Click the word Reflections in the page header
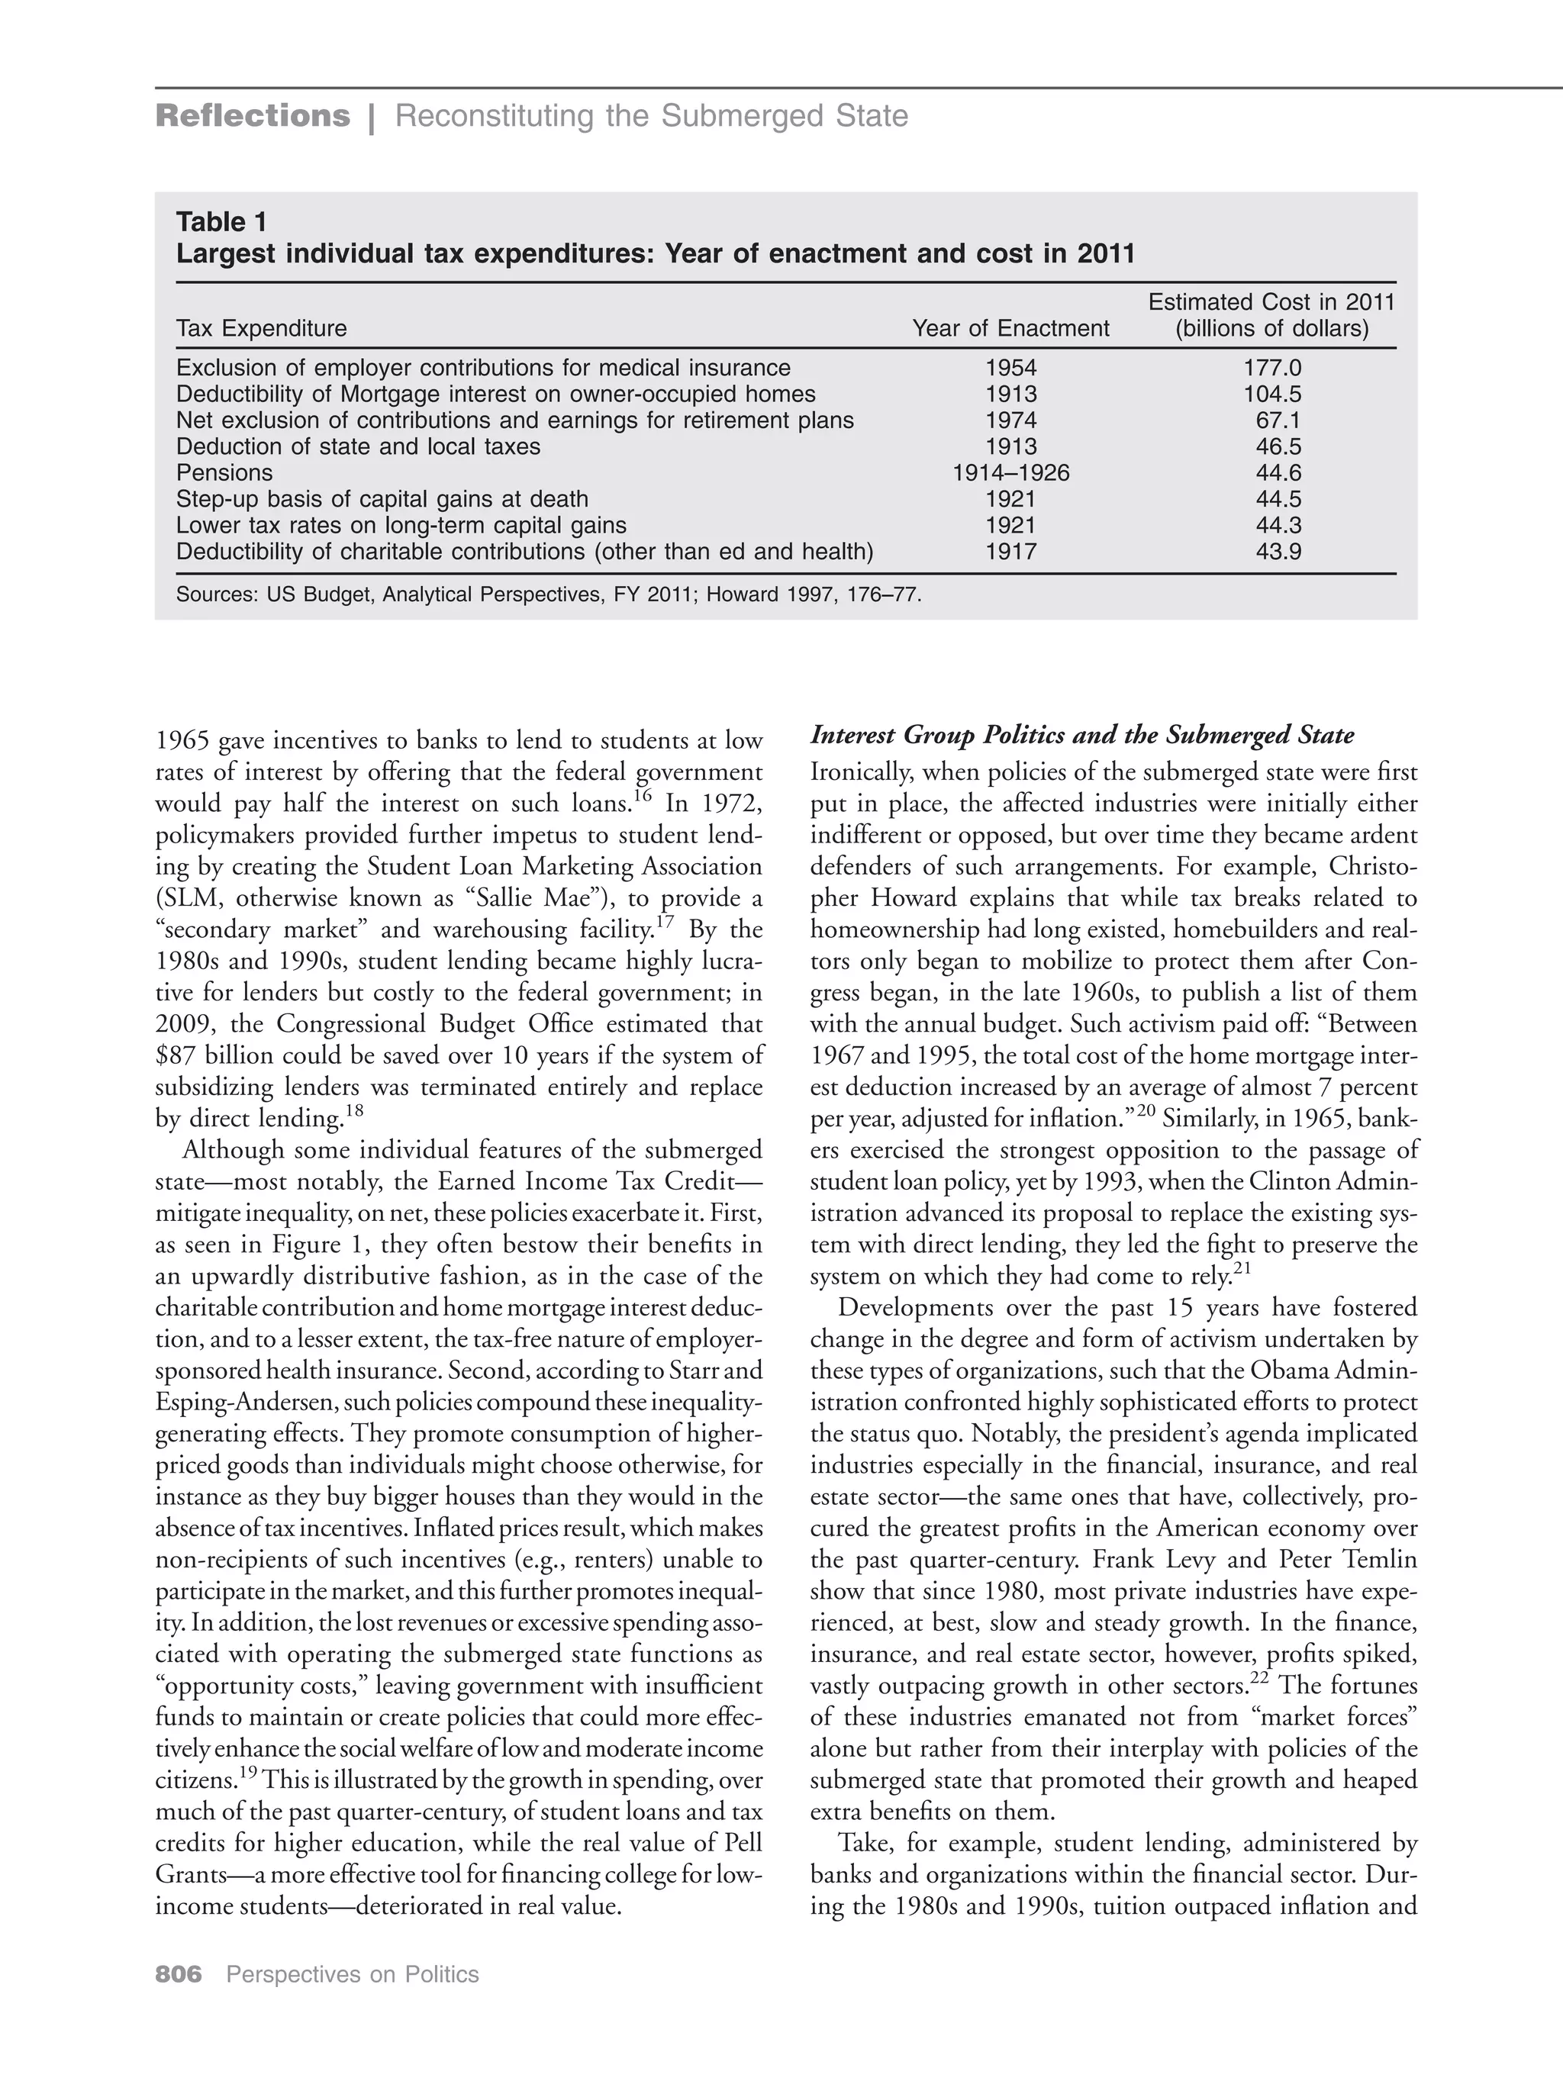[253, 116]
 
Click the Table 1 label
[221, 222]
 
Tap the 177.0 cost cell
[1272, 368]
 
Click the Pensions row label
[224, 473]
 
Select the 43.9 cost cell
[1278, 552]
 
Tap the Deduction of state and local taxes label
[358, 446]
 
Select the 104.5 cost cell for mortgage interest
[1272, 394]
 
